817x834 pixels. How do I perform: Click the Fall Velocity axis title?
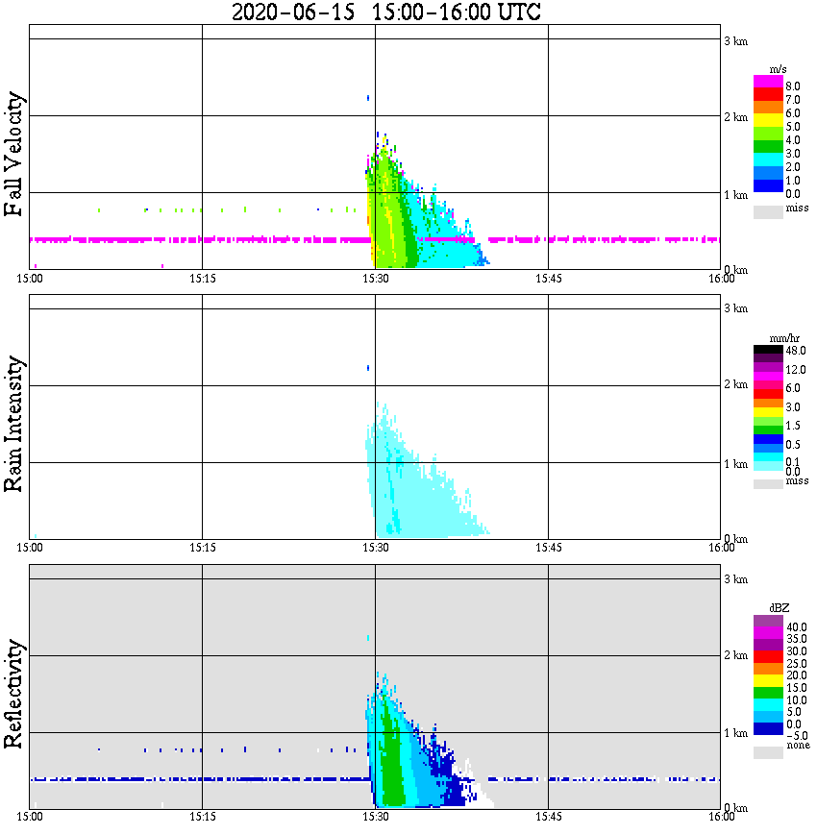click(13, 155)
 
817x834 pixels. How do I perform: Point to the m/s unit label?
click(779, 70)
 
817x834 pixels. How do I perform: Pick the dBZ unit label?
click(779, 608)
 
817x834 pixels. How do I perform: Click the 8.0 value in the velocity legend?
click(793, 86)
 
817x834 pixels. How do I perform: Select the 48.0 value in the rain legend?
click(795, 351)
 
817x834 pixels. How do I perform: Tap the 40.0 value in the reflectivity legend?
click(795, 626)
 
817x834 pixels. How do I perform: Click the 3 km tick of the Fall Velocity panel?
click(735, 40)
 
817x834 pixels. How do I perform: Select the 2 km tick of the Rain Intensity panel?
click(735, 385)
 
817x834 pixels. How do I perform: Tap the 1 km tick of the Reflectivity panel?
click(735, 734)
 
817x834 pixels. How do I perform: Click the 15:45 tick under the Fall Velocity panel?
click(548, 279)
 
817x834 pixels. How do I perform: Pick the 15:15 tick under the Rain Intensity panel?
click(202, 547)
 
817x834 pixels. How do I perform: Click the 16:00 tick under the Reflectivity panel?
click(722, 817)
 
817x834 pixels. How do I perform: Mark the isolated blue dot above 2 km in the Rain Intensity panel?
click(368, 367)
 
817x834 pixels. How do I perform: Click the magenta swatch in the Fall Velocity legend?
click(768, 82)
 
